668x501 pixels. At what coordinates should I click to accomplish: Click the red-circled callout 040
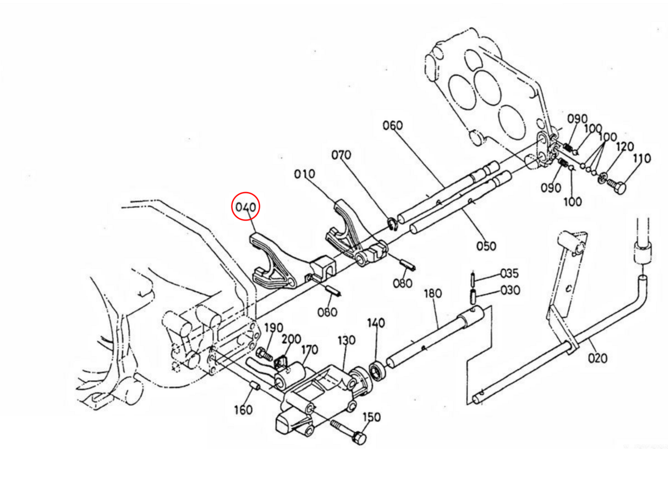[x=245, y=207]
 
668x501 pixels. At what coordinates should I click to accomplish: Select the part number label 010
[x=305, y=174]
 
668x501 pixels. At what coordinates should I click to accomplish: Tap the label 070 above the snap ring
[x=341, y=154]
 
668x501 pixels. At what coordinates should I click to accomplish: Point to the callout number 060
[x=392, y=125]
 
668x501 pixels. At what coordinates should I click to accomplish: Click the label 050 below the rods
[x=485, y=245]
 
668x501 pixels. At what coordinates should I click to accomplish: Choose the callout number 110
[x=641, y=159]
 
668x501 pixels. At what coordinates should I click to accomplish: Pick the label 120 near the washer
[x=625, y=146]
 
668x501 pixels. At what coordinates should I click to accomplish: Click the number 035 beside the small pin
[x=509, y=273]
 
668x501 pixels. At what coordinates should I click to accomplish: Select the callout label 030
[x=510, y=290]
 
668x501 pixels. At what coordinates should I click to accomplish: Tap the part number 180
[x=433, y=293]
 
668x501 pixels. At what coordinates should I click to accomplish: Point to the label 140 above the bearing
[x=376, y=322]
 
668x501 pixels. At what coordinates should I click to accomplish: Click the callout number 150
[x=372, y=417]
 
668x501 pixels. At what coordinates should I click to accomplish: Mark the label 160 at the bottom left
[x=243, y=410]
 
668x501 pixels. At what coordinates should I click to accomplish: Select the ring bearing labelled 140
[x=377, y=370]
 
